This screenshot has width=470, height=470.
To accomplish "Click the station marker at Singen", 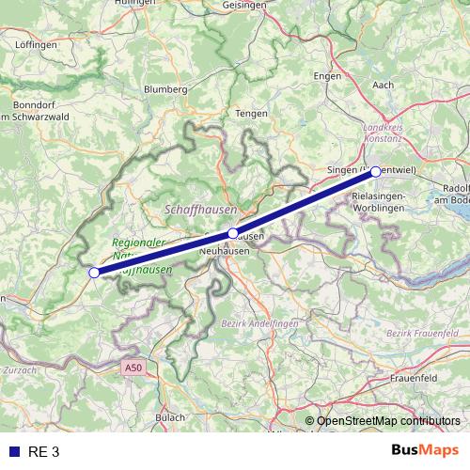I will pos(375,171).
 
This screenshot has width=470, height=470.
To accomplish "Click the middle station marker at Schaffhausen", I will pos(233,232).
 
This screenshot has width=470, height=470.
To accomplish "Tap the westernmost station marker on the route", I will pos(93,273).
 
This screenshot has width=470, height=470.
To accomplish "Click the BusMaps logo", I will pos(425,451).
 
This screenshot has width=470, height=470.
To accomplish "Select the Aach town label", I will pos(384,85).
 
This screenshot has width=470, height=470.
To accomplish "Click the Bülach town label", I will pos(170,415).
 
